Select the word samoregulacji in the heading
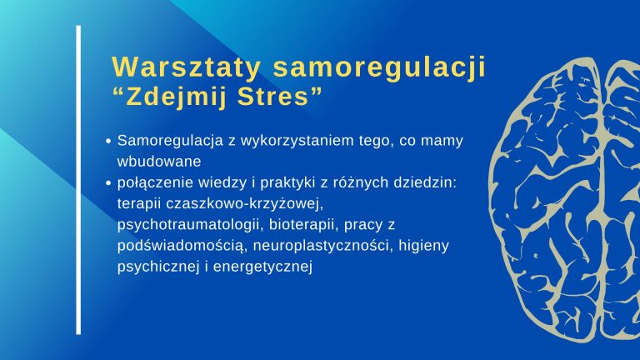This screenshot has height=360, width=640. click(380, 68)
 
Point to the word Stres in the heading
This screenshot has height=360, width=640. click(273, 97)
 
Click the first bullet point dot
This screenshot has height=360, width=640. click(108, 141)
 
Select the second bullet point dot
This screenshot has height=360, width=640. click(108, 183)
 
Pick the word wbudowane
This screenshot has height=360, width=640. click(159, 161)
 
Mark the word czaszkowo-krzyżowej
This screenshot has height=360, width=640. click(245, 203)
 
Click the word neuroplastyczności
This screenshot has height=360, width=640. click(322, 246)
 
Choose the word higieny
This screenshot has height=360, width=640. click(423, 246)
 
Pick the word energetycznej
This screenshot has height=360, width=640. click(262, 267)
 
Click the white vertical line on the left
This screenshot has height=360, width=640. click(78, 180)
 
